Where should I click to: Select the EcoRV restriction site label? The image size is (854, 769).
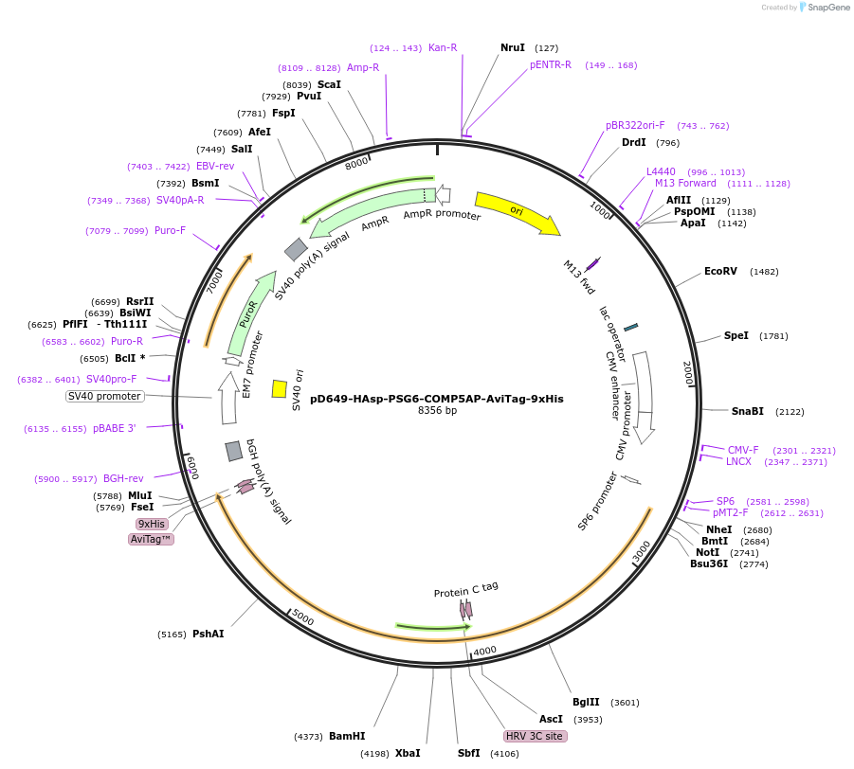[x=720, y=271]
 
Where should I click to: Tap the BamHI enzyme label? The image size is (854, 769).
[x=347, y=736]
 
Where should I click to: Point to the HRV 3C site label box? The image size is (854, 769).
[x=535, y=736]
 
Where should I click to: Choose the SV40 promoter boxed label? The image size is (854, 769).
[x=104, y=396]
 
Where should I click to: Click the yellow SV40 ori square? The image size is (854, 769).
[x=280, y=388]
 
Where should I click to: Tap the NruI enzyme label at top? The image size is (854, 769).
[x=513, y=47]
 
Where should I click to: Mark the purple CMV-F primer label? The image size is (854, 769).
[x=743, y=450]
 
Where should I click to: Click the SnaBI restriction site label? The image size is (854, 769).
[x=748, y=411]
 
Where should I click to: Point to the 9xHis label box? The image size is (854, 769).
[x=152, y=524]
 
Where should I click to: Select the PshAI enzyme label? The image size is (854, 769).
[x=208, y=634]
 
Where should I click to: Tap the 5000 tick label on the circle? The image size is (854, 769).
[x=301, y=617]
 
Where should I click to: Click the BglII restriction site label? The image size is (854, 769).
[x=586, y=702]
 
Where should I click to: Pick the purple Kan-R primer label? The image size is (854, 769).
[x=443, y=47]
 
